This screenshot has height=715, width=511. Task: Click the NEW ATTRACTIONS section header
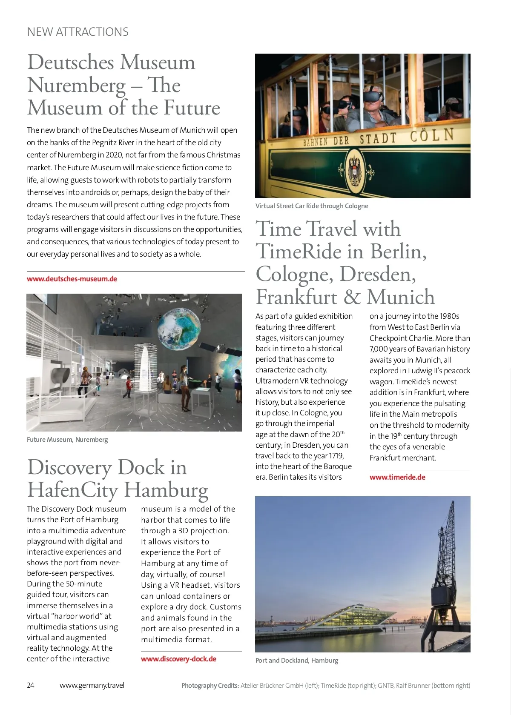[x=78, y=32]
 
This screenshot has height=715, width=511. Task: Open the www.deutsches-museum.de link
[x=72, y=279]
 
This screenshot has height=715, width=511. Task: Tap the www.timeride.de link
[x=397, y=477]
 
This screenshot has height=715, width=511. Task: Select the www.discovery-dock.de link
[x=178, y=659]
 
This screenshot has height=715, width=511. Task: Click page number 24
[x=31, y=685]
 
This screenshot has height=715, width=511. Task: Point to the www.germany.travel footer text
[x=92, y=685]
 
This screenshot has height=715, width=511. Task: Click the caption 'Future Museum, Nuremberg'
[x=67, y=440]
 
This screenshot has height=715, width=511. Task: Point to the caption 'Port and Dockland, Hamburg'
[x=297, y=661]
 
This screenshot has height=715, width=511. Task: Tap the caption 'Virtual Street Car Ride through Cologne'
[x=312, y=206]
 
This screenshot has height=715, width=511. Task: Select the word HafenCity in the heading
[x=72, y=490]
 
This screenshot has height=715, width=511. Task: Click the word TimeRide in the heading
[x=298, y=252]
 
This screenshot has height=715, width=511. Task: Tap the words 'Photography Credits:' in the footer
[x=210, y=686]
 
